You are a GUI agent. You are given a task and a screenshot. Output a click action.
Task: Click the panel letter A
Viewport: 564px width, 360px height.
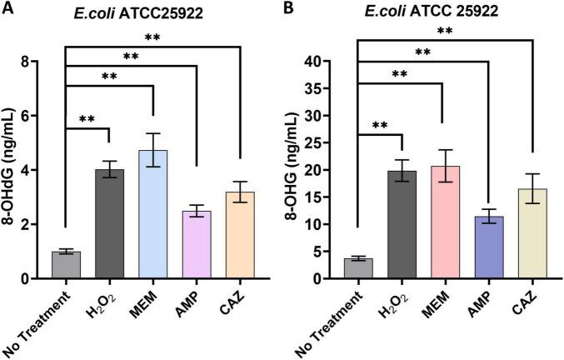(x=7, y=10)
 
